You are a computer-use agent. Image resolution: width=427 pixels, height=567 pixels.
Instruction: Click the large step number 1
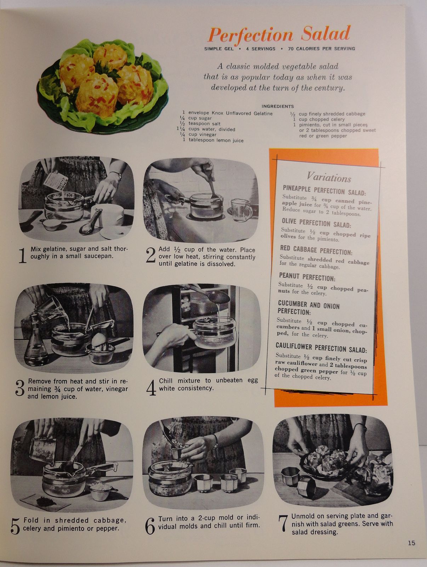23,256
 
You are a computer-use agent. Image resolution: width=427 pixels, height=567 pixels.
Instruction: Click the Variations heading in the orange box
329,178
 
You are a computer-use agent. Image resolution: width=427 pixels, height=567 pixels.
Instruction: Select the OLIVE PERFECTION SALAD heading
316,223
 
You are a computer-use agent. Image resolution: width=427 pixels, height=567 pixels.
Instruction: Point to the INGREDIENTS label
278,106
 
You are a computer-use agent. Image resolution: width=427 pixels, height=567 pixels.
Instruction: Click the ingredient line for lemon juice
213,140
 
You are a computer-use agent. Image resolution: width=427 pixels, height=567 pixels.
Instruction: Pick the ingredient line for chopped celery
319,119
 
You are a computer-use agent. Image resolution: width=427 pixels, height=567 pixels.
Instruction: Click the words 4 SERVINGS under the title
260,49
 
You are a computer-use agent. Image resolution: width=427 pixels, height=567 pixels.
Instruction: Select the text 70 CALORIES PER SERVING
321,49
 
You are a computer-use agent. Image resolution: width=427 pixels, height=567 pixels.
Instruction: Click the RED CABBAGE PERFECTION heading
316,250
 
